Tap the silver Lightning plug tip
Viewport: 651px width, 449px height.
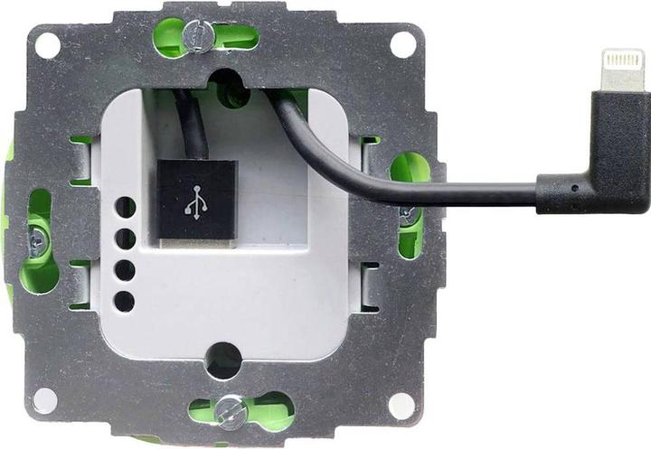[623, 70]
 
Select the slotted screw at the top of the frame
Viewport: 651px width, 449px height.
[198, 36]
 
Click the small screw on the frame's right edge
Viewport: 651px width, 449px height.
[406, 212]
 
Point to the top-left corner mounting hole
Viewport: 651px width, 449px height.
[47, 43]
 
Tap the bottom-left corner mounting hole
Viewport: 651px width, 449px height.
[44, 399]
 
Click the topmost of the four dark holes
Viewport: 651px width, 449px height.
[126, 208]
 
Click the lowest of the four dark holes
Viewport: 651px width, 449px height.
[126, 302]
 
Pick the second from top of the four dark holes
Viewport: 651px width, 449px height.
[126, 239]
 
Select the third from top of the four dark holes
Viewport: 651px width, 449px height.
[126, 270]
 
